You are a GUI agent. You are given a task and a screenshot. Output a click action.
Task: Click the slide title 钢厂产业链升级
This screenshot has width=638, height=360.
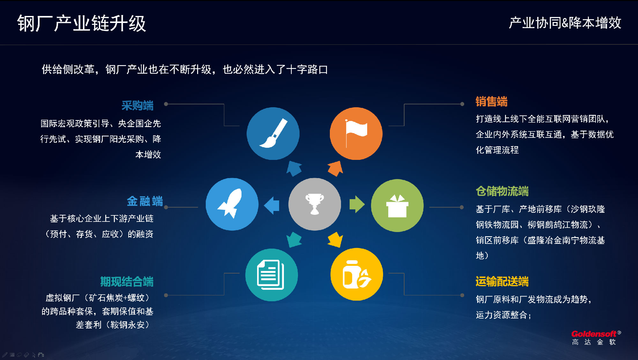click(82, 23)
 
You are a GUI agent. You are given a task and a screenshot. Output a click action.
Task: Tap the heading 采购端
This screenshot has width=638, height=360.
click(137, 105)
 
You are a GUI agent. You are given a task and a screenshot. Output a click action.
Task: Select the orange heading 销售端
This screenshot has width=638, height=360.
click(491, 101)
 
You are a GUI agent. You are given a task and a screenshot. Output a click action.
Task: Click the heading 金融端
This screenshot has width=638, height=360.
click(145, 201)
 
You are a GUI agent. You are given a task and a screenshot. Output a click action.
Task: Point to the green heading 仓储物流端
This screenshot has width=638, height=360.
click(502, 191)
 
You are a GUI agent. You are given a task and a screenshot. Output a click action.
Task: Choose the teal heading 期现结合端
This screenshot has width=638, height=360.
click(127, 281)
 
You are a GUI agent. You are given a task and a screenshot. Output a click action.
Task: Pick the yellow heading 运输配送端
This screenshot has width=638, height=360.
click(502, 281)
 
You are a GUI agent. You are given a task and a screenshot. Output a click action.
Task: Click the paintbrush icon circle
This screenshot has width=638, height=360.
click(273, 133)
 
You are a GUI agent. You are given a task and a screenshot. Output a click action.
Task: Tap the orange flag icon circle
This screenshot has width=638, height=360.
click(356, 133)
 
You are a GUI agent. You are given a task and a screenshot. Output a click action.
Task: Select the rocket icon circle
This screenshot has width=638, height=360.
click(232, 204)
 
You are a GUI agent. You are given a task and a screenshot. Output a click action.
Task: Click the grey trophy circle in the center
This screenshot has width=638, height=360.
click(315, 204)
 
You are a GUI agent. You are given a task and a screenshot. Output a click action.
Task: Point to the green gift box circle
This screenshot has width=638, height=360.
click(397, 206)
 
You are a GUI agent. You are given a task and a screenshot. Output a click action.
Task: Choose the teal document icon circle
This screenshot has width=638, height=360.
click(271, 275)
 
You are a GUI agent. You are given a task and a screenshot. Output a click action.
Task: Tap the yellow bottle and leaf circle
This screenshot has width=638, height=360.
click(357, 274)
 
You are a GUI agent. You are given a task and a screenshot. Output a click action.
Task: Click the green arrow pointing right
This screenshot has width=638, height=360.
click(357, 204)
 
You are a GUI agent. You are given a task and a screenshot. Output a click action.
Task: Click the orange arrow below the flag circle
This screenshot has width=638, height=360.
click(335, 168)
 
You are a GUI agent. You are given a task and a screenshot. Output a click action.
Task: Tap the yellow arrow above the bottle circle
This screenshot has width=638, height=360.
click(335, 240)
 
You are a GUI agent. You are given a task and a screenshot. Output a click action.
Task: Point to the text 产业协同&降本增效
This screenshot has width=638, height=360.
click(565, 23)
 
